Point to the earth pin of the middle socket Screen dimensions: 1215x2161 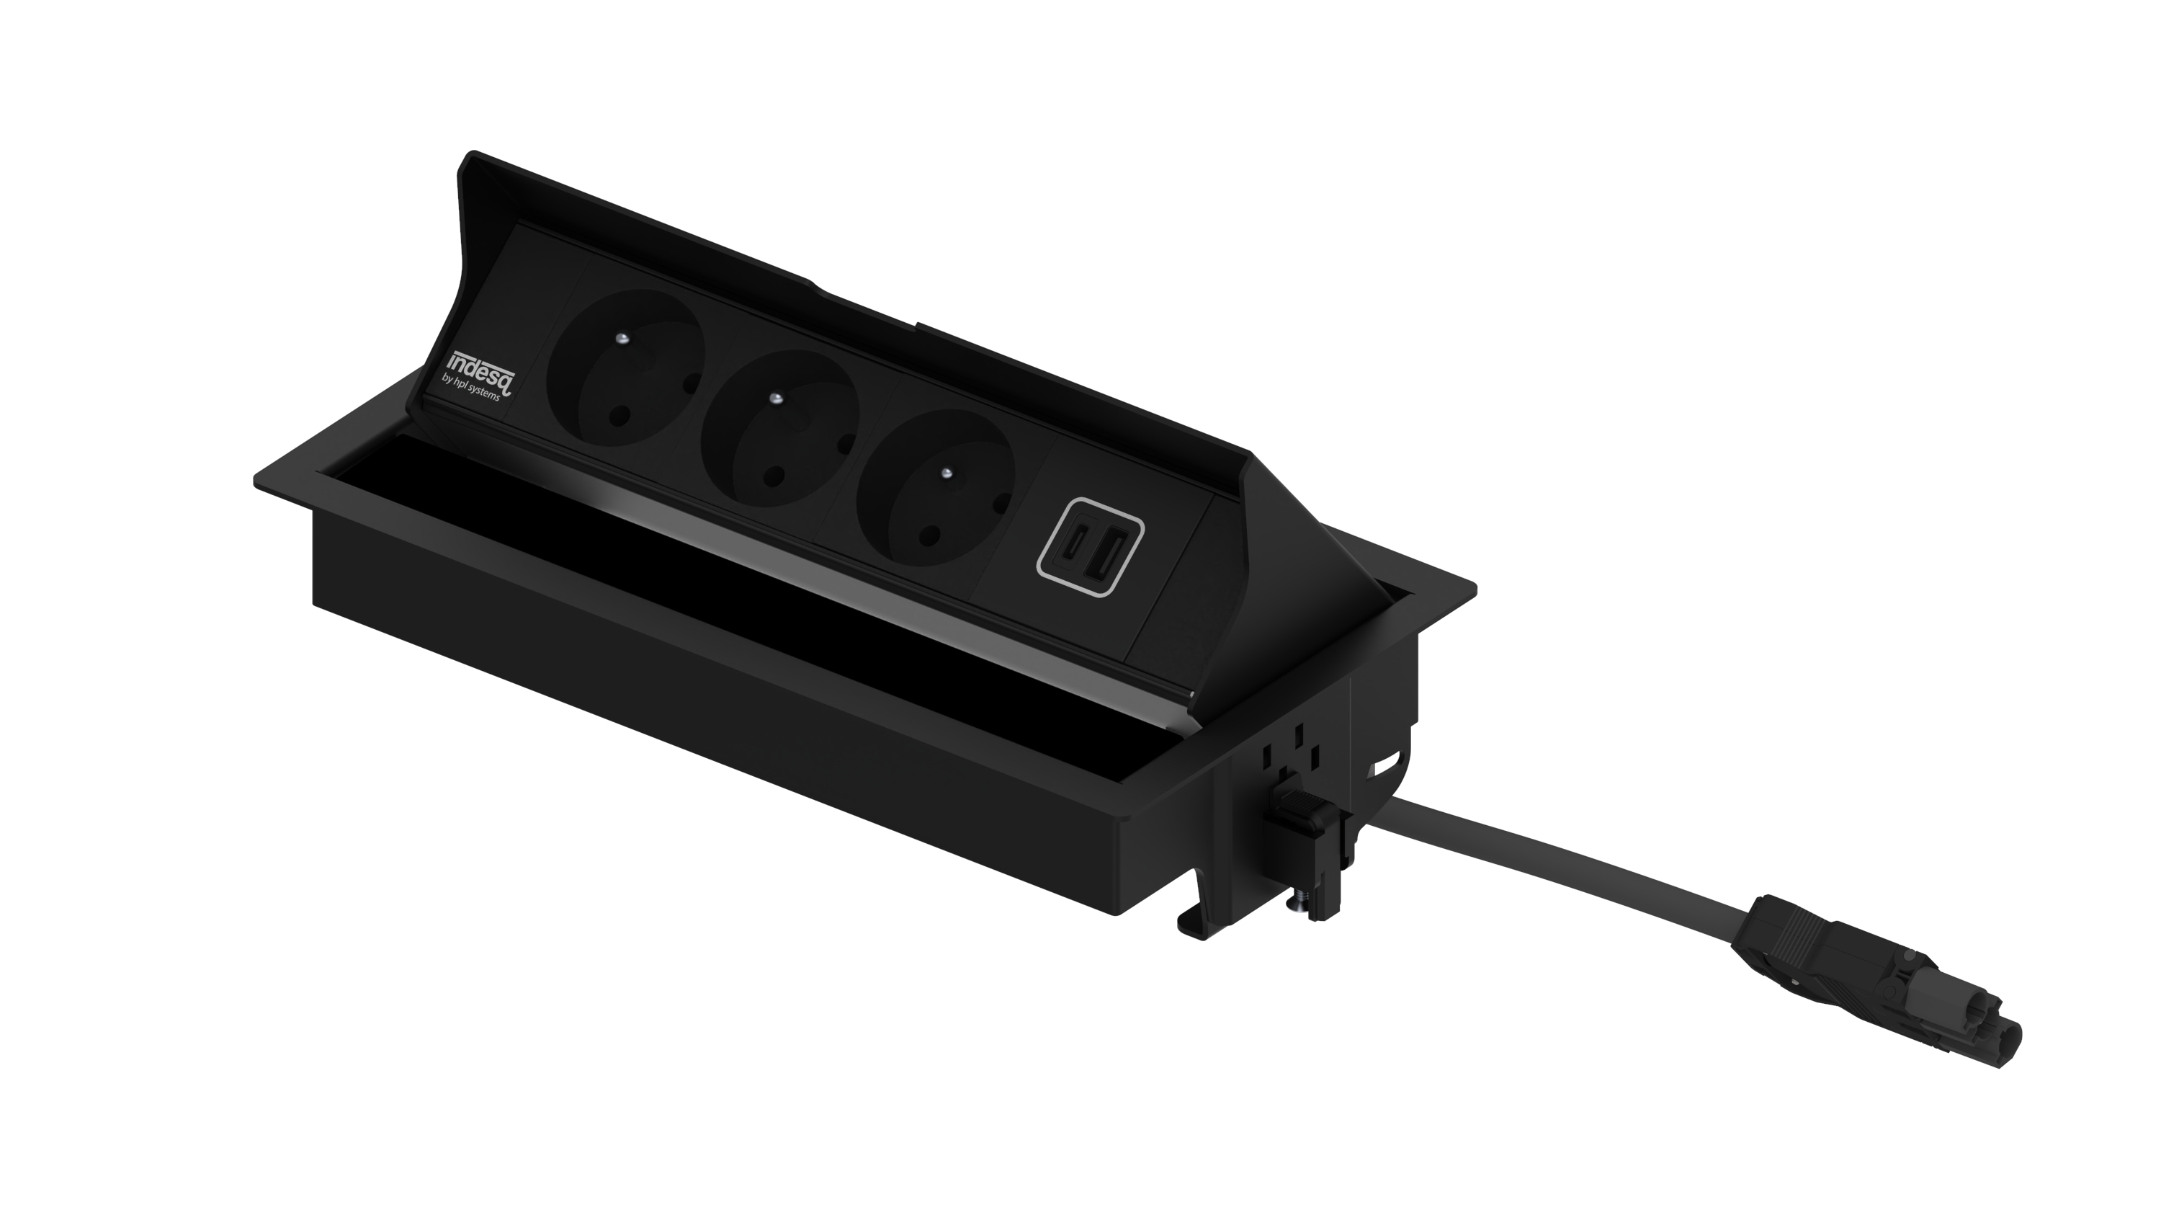[776, 398]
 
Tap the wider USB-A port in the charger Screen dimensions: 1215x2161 [1106, 551]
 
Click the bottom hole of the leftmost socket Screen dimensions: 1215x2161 [620, 414]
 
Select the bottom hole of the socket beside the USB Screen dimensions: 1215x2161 [929, 535]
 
